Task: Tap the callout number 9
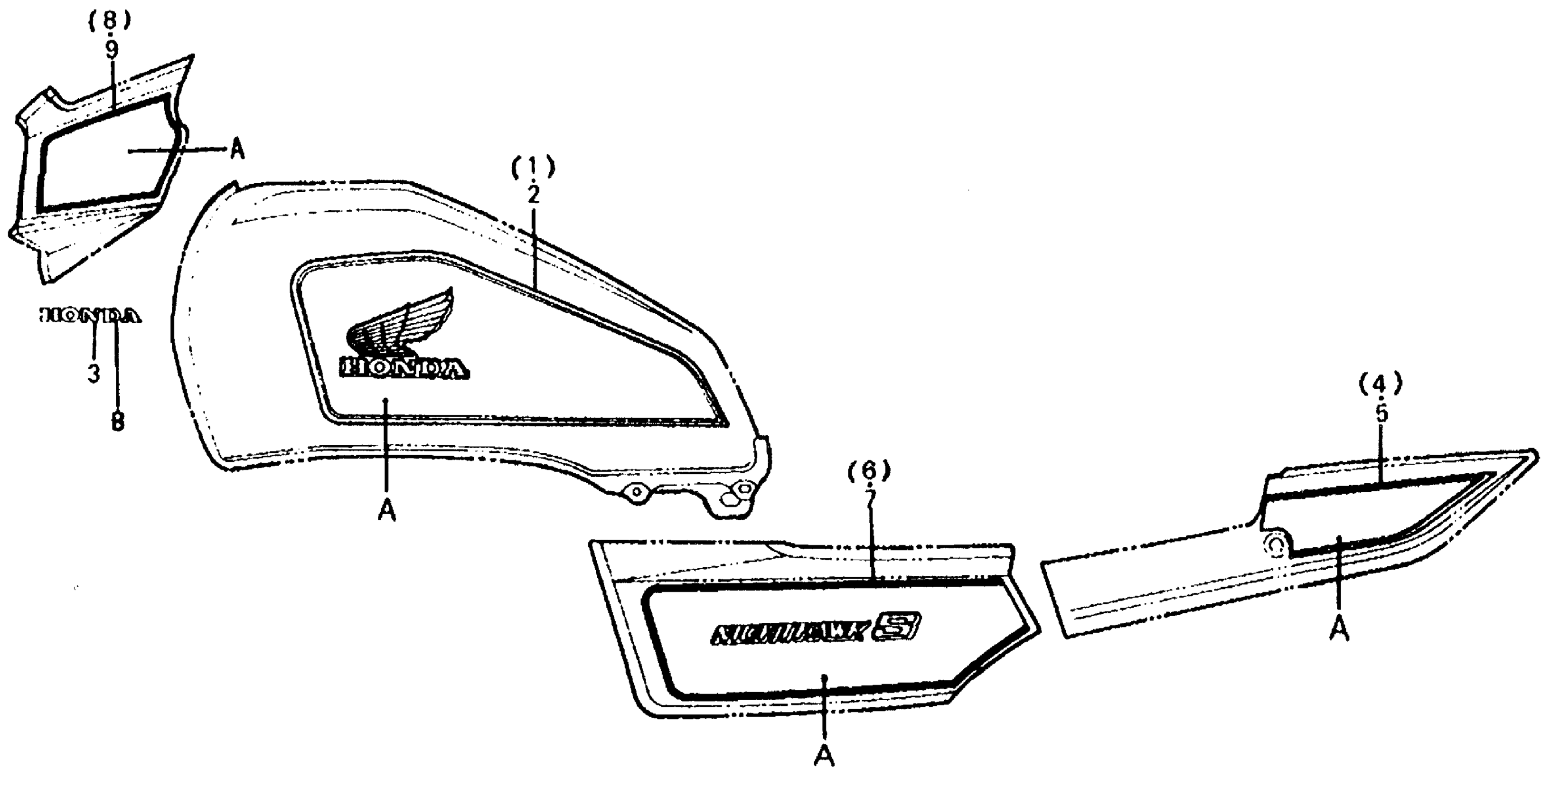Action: point(112,50)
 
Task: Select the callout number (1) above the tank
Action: point(533,168)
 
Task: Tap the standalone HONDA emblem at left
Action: point(90,316)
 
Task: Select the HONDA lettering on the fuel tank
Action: point(404,368)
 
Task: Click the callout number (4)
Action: point(1381,384)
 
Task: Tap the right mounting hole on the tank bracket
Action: point(744,488)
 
